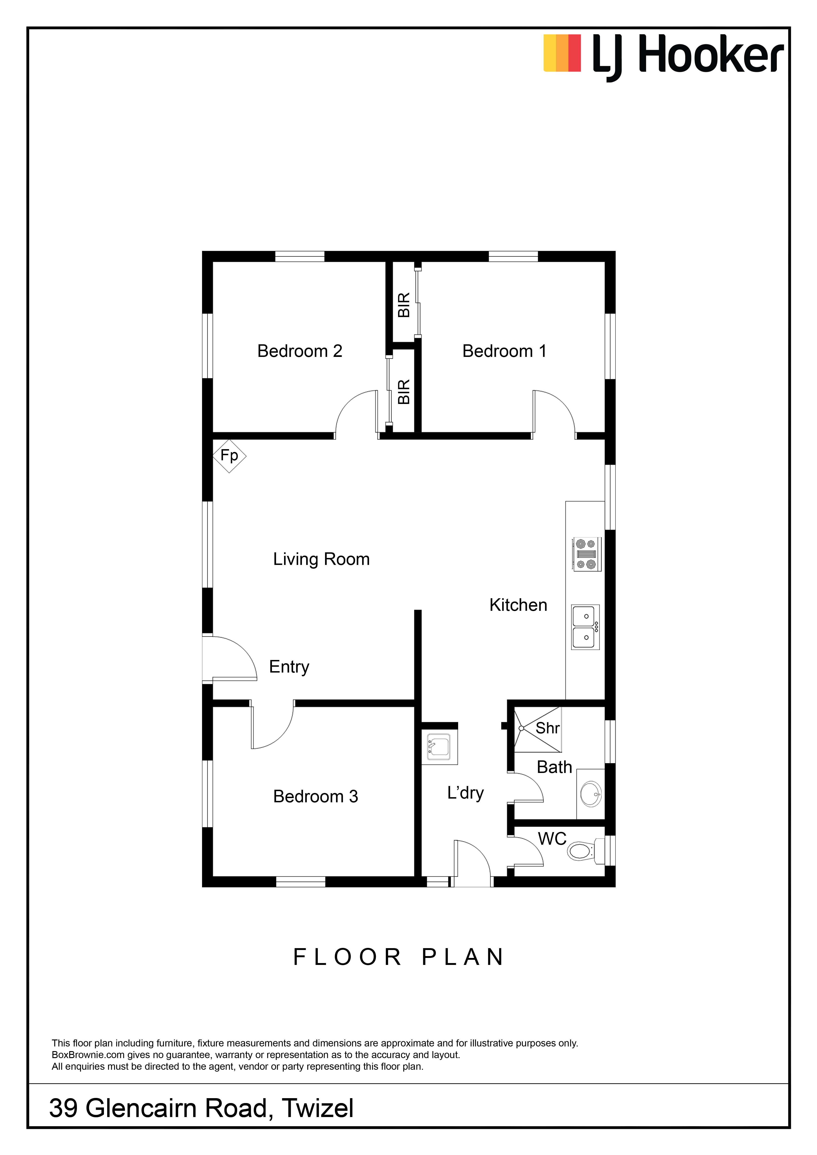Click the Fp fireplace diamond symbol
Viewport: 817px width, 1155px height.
tap(229, 456)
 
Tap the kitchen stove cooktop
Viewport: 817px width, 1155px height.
tap(587, 554)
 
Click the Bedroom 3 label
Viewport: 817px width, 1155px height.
tap(316, 796)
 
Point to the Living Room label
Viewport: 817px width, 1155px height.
tap(322, 559)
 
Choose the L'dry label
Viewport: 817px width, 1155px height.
tap(465, 793)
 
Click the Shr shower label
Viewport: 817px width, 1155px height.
tap(547, 728)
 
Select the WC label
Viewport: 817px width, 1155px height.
tap(552, 839)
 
